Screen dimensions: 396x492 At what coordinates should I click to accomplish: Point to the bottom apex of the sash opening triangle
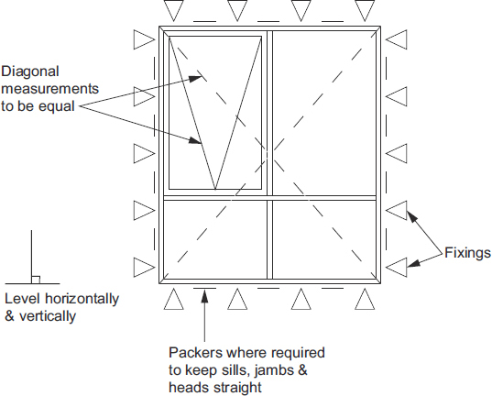click(214, 189)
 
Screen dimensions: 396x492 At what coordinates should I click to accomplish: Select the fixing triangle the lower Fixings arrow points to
click(396, 267)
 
